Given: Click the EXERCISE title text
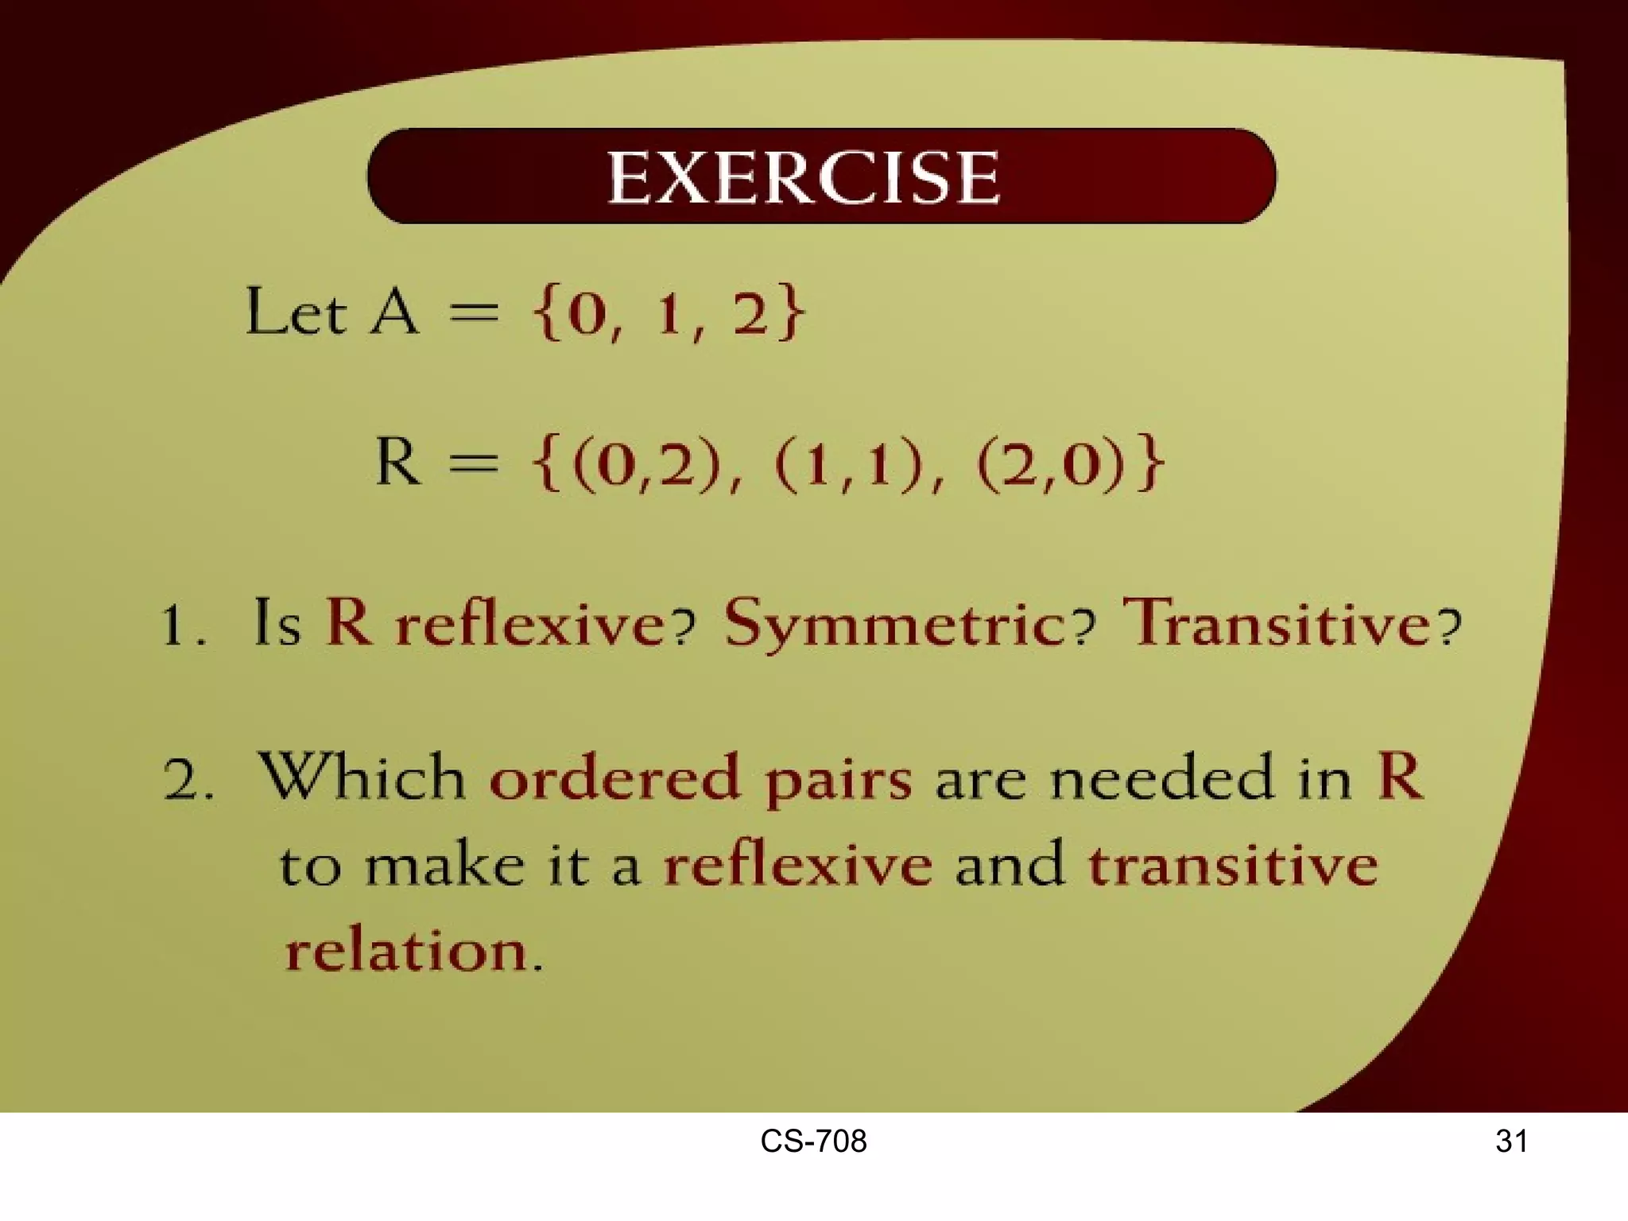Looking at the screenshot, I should click(x=803, y=178).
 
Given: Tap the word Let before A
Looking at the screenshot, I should click(x=296, y=312).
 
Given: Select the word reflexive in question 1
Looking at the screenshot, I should click(x=529, y=624).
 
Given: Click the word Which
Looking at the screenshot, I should click(x=362, y=777).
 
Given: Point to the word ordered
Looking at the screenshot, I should click(x=614, y=777).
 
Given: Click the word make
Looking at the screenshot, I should click(x=444, y=864).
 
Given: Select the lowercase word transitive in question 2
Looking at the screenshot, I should click(x=1232, y=864).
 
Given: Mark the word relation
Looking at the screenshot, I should click(x=406, y=950).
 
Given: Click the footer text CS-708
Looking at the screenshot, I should click(x=813, y=1142).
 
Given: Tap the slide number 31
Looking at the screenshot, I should click(x=1511, y=1142).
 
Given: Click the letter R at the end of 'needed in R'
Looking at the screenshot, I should click(x=1399, y=776).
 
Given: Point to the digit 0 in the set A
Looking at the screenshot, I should click(x=586, y=315).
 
